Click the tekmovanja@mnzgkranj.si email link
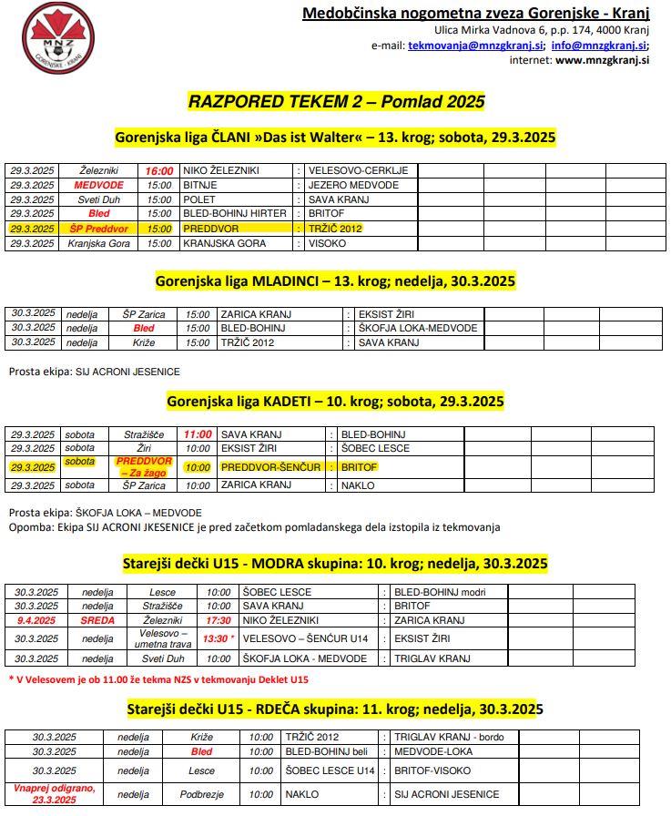coord(476,45)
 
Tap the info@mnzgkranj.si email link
coord(600,45)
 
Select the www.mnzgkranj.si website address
coord(602,60)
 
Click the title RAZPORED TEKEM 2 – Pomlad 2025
coord(336,100)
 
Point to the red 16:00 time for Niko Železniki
coord(158,170)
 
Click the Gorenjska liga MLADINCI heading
coord(335,281)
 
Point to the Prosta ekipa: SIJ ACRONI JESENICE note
coord(95,372)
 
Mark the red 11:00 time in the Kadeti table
coord(197,434)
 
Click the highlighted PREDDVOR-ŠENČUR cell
coord(270,467)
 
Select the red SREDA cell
coord(98,620)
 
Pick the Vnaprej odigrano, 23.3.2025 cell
coord(54,793)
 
